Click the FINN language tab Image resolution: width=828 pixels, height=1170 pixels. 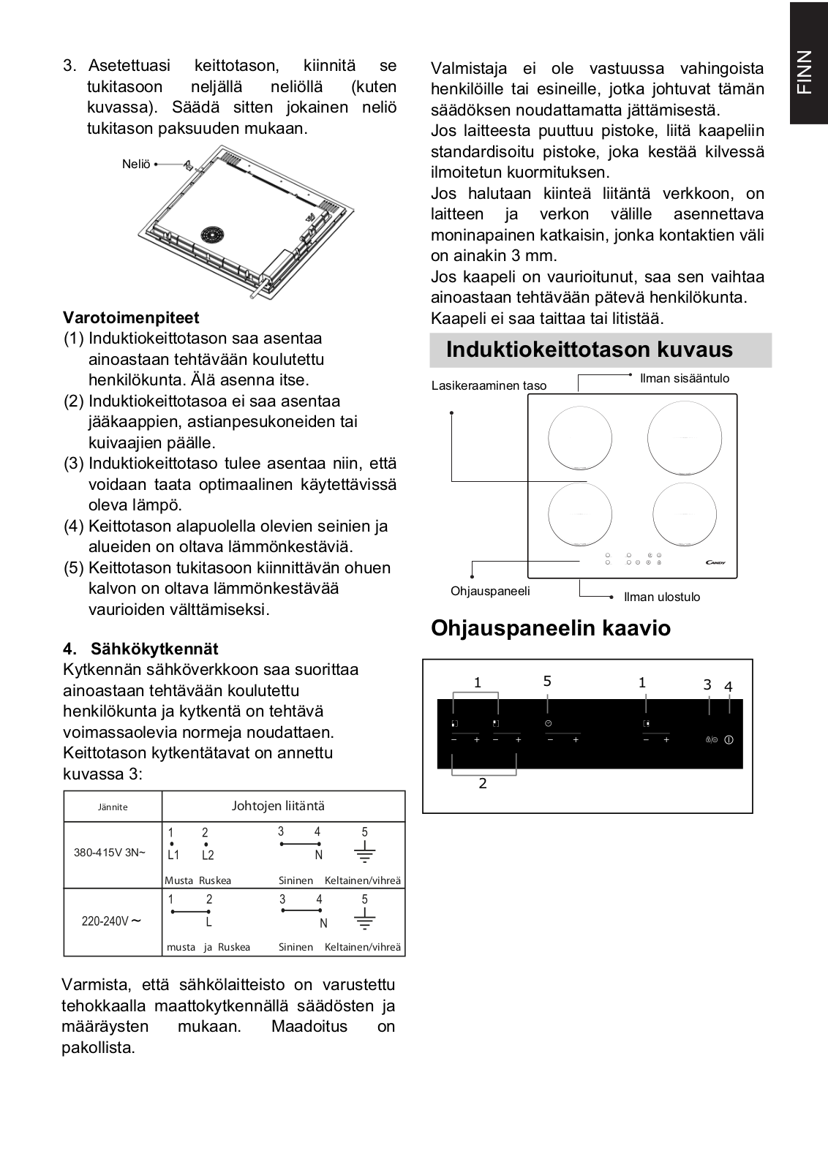(x=808, y=72)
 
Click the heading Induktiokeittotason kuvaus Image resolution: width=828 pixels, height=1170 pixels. (x=590, y=350)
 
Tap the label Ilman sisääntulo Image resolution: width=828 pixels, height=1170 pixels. (x=685, y=378)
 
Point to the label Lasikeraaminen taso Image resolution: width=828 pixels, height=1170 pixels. (x=489, y=385)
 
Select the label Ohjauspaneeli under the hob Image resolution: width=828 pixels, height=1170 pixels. (x=490, y=592)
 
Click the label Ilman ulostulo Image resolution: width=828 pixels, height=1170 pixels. (x=662, y=597)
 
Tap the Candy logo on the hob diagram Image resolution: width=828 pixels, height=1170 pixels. (x=715, y=562)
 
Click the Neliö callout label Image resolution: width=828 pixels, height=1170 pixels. (x=136, y=164)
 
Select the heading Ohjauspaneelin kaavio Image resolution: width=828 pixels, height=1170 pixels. (x=551, y=628)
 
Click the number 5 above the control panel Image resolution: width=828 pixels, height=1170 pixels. (x=547, y=681)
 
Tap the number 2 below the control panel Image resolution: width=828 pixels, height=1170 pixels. (x=483, y=783)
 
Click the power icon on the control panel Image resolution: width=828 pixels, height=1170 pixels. (x=729, y=739)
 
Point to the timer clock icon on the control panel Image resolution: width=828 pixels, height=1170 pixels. (x=548, y=723)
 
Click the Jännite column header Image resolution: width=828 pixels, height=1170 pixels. (x=113, y=807)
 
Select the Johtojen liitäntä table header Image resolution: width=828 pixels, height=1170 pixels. (x=278, y=806)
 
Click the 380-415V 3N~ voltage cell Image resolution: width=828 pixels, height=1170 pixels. (x=110, y=853)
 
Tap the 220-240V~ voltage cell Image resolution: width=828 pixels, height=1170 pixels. (x=110, y=921)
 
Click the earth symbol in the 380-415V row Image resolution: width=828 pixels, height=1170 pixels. (x=365, y=852)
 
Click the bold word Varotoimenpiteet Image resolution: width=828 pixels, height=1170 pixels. (x=131, y=317)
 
